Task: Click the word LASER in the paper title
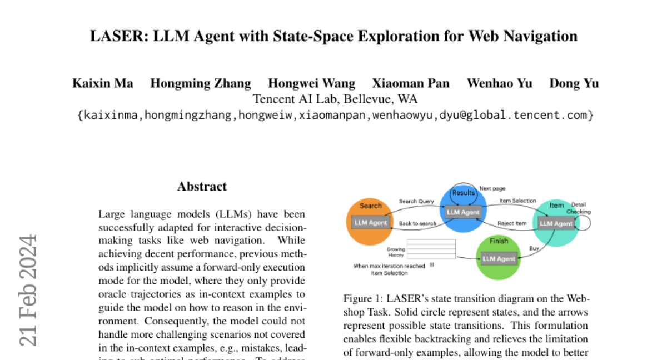tap(112, 36)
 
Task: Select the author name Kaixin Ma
tap(103, 83)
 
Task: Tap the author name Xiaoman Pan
tap(411, 83)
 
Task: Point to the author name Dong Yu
tap(574, 83)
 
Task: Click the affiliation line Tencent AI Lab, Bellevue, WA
tap(335, 99)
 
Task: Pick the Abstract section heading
tap(202, 187)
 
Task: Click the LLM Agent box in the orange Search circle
tap(371, 223)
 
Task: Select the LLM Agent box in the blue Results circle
tap(462, 212)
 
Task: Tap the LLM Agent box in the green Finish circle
tap(499, 258)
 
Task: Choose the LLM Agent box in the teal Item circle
tap(556, 223)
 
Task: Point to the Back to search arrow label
tap(418, 223)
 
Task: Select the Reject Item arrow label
tap(512, 223)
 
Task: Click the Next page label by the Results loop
tap(492, 189)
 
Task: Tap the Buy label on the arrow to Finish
tap(534, 248)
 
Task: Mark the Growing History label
tap(396, 253)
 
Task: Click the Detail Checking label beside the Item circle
tap(579, 208)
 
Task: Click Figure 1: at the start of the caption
tap(363, 298)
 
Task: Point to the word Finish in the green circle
tap(499, 241)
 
